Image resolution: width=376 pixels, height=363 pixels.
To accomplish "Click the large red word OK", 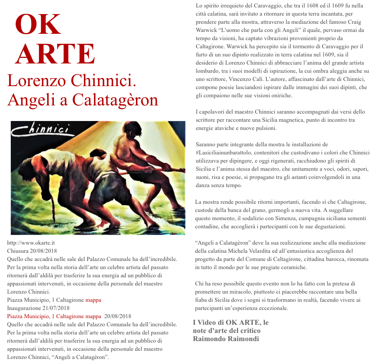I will [x=38, y=25].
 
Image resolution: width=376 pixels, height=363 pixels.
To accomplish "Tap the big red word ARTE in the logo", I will [x=55, y=54].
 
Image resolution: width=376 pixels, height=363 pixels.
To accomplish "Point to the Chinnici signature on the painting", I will [x=41, y=129].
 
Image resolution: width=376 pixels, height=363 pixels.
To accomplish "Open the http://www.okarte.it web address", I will [x=31, y=243].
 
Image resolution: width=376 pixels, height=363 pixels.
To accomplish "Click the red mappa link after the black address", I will [x=93, y=300].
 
